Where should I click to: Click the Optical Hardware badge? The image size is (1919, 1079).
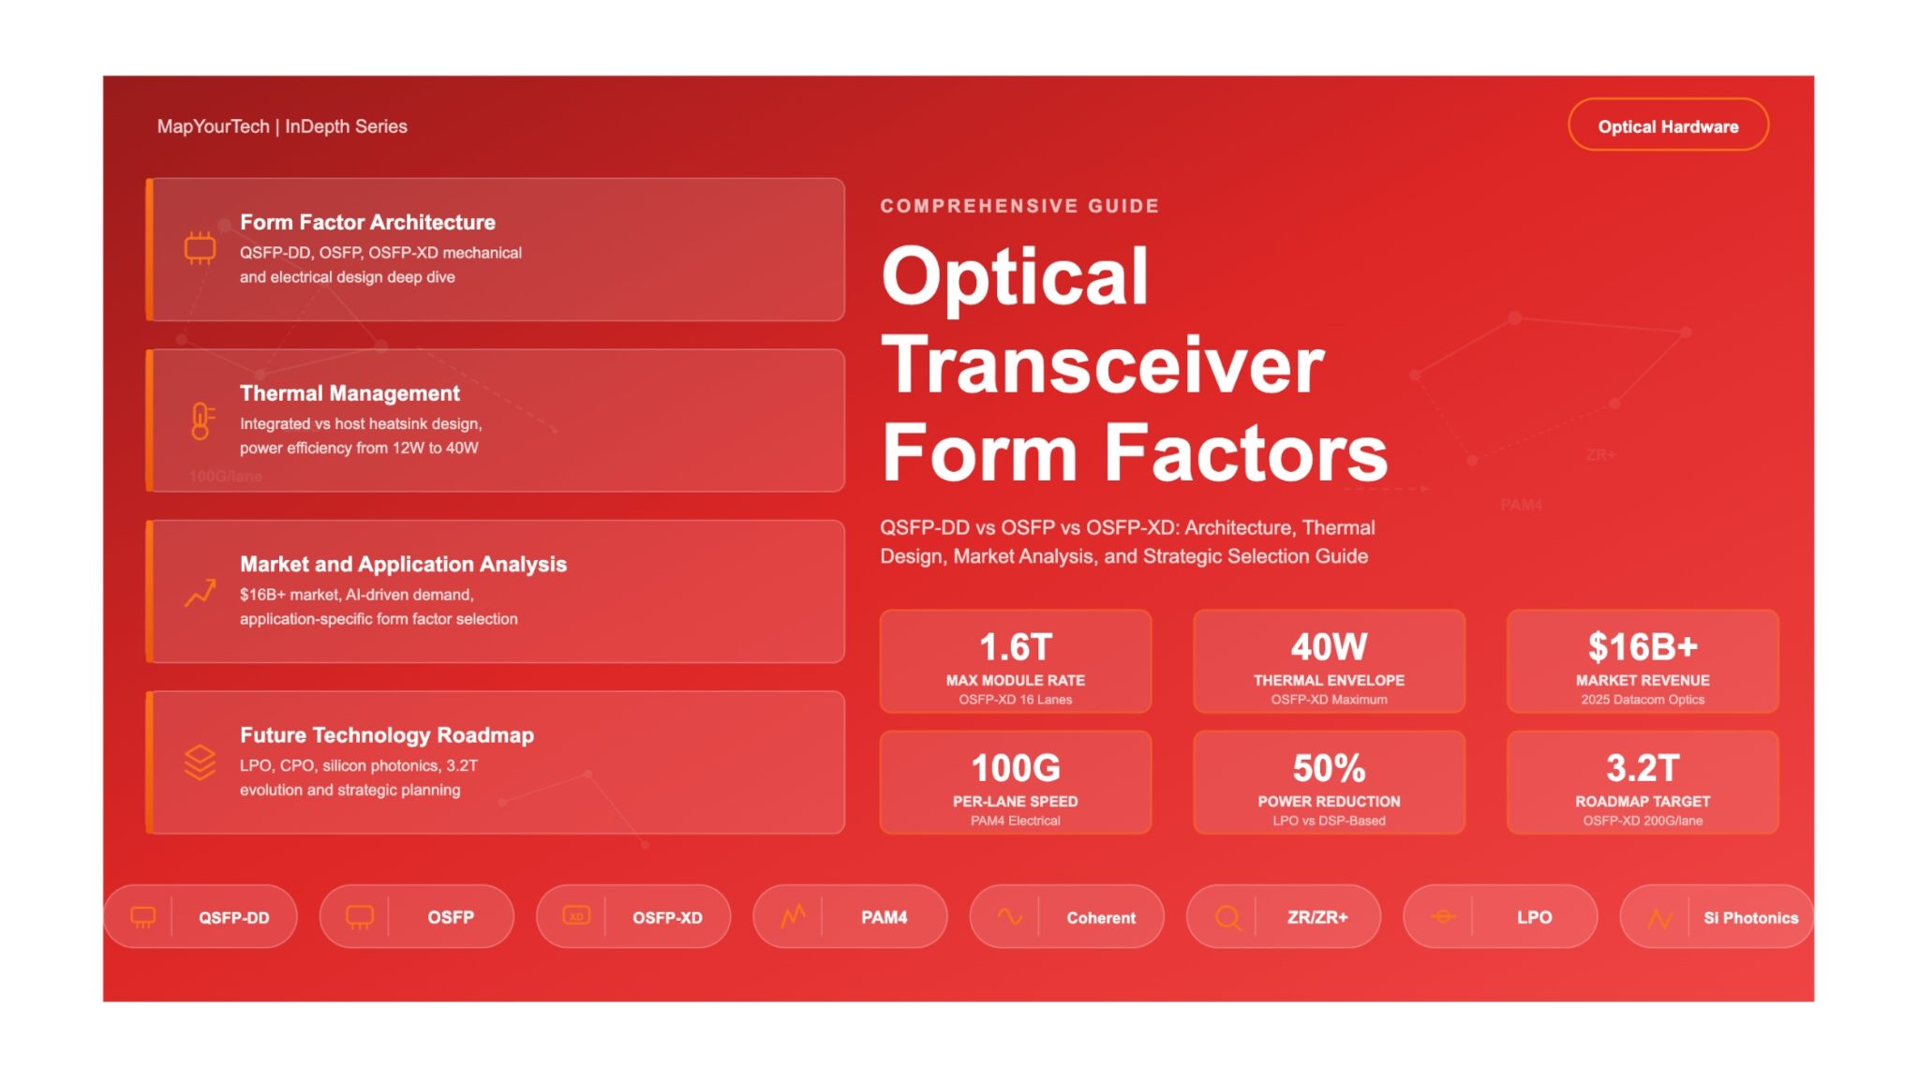pos(1668,126)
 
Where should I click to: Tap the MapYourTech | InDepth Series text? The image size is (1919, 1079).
pos(282,126)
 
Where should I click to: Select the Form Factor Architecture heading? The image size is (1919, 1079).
pos(367,222)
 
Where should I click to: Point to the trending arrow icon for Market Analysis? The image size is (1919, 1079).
pos(201,593)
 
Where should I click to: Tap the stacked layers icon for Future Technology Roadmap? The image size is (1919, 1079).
pos(201,762)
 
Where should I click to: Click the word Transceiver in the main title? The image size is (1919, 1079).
pos(1103,365)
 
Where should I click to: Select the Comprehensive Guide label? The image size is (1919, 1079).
pos(1019,206)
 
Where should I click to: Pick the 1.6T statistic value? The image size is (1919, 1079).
pos(1016,647)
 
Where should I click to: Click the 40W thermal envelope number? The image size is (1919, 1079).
pos(1329,647)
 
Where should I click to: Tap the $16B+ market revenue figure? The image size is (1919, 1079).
pos(1643,647)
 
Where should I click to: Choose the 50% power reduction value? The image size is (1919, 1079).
pos(1329,768)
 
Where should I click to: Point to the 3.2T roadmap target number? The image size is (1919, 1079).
pos(1643,768)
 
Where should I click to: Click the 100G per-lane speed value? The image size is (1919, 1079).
pos(1016,768)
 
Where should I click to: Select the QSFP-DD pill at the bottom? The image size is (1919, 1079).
pos(201,917)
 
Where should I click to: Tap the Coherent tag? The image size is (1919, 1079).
pos(1067,917)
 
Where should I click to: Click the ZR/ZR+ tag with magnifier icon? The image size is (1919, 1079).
pos(1284,917)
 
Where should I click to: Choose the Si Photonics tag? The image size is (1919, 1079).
pos(1717,917)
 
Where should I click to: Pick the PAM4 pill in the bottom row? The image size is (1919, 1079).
pos(850,917)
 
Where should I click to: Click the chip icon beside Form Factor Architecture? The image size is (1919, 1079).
pos(200,248)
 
